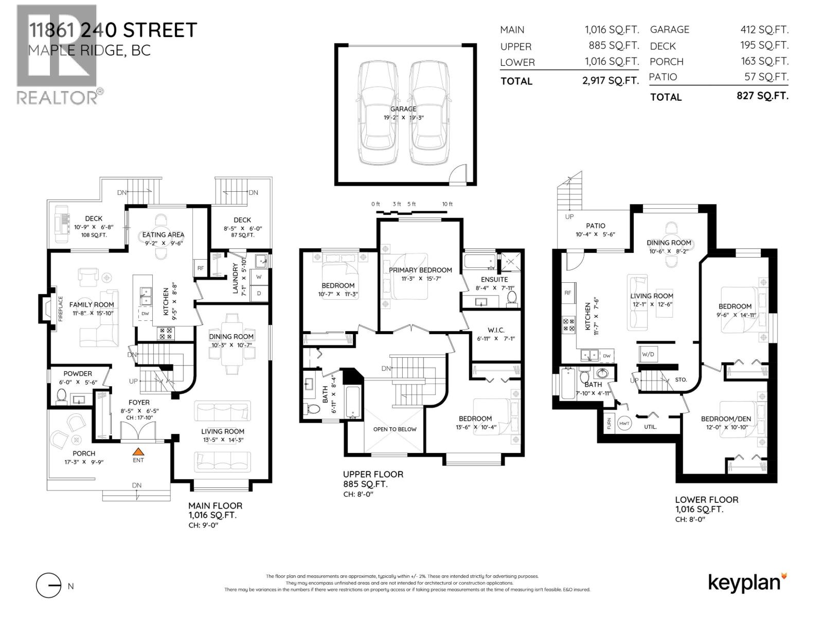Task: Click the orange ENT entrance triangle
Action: pos(138,452)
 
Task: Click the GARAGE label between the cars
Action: pos(403,109)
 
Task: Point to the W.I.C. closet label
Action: pos(496,330)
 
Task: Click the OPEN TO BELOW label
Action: pos(395,429)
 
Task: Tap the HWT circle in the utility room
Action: pos(624,423)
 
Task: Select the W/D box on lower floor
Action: pos(648,354)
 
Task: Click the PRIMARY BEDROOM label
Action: pos(420,270)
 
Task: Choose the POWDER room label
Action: pos(78,373)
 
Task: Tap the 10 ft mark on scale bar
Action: pos(448,204)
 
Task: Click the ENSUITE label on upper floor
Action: pos(494,279)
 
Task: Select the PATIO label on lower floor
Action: pos(596,225)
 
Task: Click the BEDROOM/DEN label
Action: pos(725,419)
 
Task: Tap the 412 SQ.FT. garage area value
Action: pos(764,30)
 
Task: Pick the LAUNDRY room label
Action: pos(236,278)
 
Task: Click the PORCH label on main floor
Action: pos(84,453)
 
